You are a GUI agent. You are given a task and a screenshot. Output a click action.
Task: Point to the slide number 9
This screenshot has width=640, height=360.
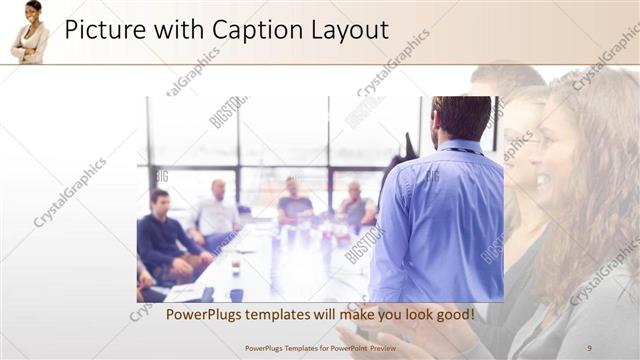coord(589,348)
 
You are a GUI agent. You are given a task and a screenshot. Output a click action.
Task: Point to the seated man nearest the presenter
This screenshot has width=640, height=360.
coord(355,205)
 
